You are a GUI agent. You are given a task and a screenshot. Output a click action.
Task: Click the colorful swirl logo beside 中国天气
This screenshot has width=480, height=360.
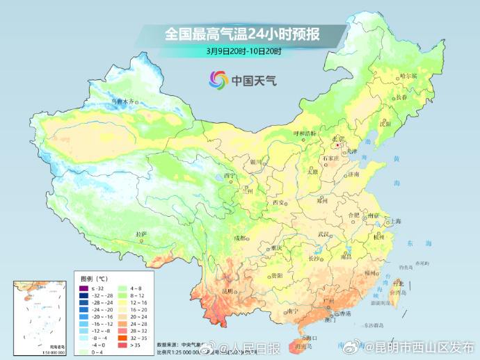pyautogui.click(x=218, y=81)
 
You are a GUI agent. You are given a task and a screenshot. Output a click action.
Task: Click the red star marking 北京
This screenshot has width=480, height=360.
pyautogui.click(x=338, y=146)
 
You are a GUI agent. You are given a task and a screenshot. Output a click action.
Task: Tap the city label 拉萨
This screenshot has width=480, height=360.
pyautogui.click(x=142, y=234)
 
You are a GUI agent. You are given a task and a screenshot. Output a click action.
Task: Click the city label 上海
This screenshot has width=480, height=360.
pyautogui.click(x=396, y=221)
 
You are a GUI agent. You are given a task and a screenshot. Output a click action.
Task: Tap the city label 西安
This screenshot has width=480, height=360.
pyautogui.click(x=278, y=202)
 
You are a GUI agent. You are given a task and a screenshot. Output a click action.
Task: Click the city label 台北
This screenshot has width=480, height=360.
pyautogui.click(x=398, y=284)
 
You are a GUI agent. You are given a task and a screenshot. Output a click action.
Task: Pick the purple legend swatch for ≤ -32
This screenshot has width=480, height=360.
pyautogui.click(x=83, y=288)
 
